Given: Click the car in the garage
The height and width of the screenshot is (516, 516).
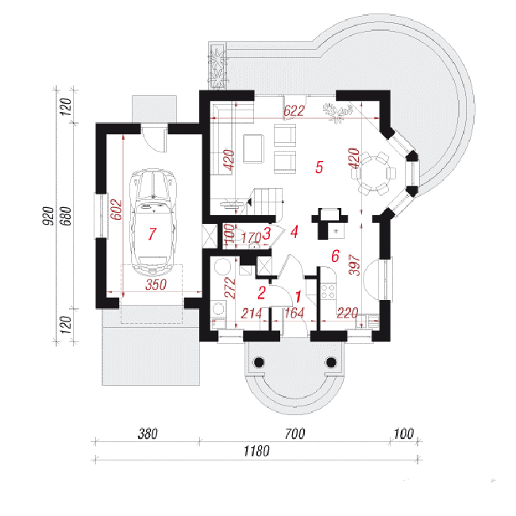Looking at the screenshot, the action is coord(152,222).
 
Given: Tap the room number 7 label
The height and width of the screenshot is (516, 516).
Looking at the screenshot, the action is coord(152,233).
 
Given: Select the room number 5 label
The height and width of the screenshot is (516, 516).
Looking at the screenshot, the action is coord(319,167).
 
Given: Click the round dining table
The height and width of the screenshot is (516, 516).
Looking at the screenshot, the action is coord(373,173).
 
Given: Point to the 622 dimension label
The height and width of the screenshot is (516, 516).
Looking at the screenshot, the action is coord(294,111).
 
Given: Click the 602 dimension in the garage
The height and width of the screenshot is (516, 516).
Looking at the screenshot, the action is coord(116,210).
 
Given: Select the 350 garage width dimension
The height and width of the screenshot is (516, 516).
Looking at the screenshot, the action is coord(156,285).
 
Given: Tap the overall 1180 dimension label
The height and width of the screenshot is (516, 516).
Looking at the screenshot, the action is coord(256,451).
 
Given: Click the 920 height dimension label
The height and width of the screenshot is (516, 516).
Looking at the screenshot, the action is coord(48,216).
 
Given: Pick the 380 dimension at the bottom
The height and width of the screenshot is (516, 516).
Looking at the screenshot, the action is coord(148,433).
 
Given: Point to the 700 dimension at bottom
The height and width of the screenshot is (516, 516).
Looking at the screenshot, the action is coord(295,433).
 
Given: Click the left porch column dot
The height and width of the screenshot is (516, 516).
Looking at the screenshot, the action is coord(260,362).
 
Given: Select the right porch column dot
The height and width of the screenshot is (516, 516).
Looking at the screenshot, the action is coord(331,362).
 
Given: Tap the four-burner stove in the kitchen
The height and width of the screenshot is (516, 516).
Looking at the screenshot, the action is coord(328,291).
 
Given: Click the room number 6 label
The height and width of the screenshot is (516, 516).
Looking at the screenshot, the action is coord(335,256).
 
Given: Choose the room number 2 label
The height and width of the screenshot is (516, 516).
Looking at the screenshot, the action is coord(262,293).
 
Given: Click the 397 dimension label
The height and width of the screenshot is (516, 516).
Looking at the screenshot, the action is coord(354,264).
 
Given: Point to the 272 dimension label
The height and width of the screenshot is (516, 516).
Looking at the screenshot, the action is coord(231,288).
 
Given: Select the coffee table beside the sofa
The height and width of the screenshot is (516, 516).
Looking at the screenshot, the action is coord(253,148).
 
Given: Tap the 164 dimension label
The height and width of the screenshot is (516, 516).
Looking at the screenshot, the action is coord(294,313).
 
